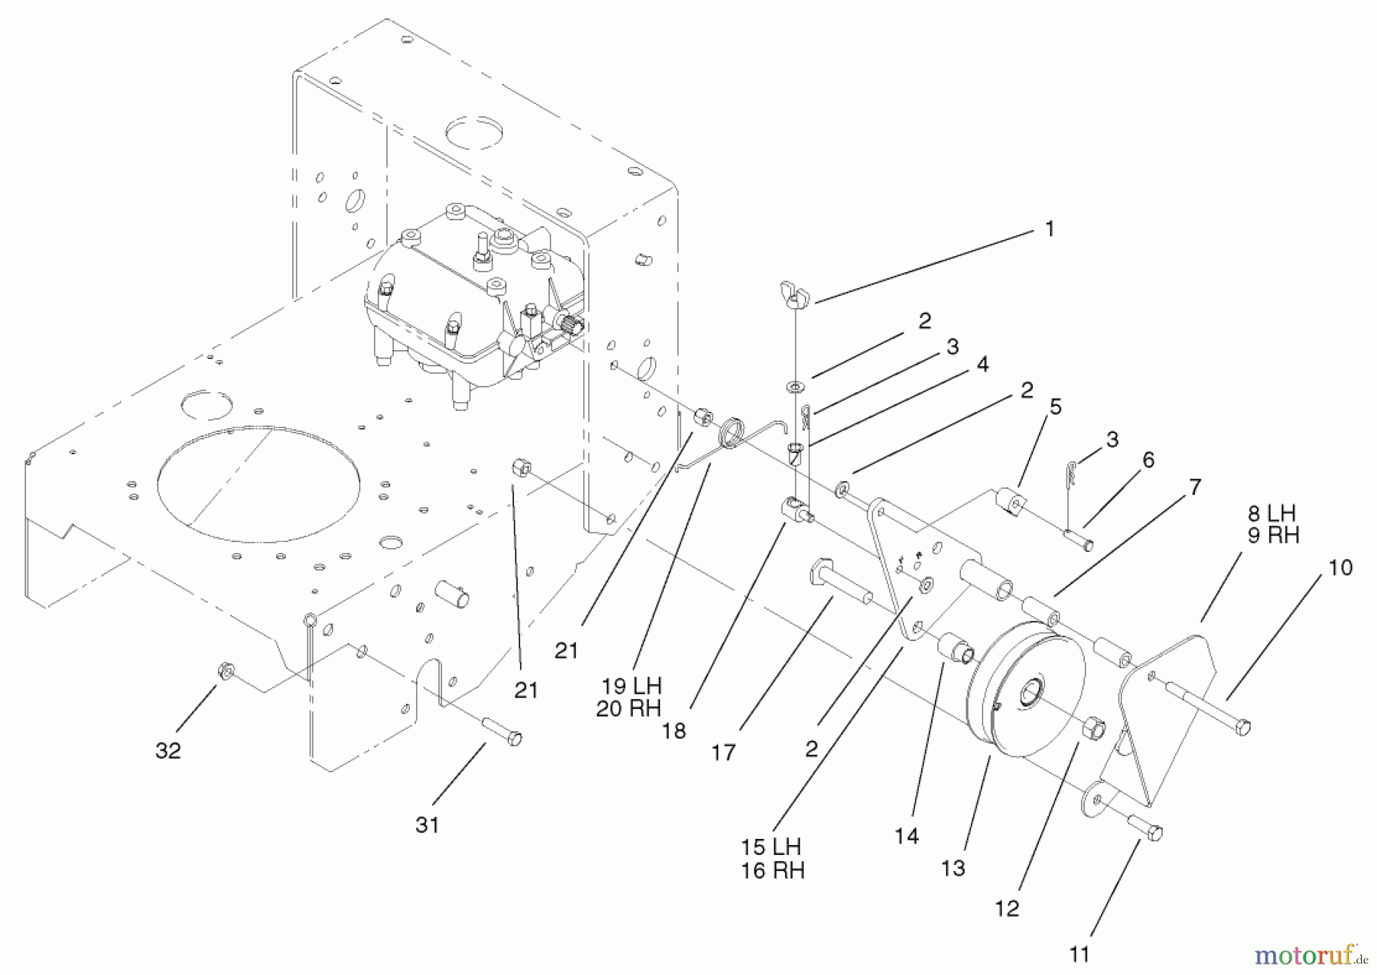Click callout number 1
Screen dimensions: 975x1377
point(1050,229)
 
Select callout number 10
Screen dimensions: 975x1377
point(1340,567)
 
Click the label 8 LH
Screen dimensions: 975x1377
point(1271,513)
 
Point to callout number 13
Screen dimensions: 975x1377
point(953,868)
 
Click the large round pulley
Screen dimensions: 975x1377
point(1025,688)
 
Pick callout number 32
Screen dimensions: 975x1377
point(168,750)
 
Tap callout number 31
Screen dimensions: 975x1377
point(427,825)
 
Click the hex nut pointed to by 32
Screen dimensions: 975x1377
point(226,671)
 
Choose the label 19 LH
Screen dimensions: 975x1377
point(631,685)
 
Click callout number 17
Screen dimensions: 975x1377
point(723,753)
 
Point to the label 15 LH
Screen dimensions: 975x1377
point(771,847)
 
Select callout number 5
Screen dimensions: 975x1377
point(1056,407)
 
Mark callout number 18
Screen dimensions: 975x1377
point(674,731)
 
